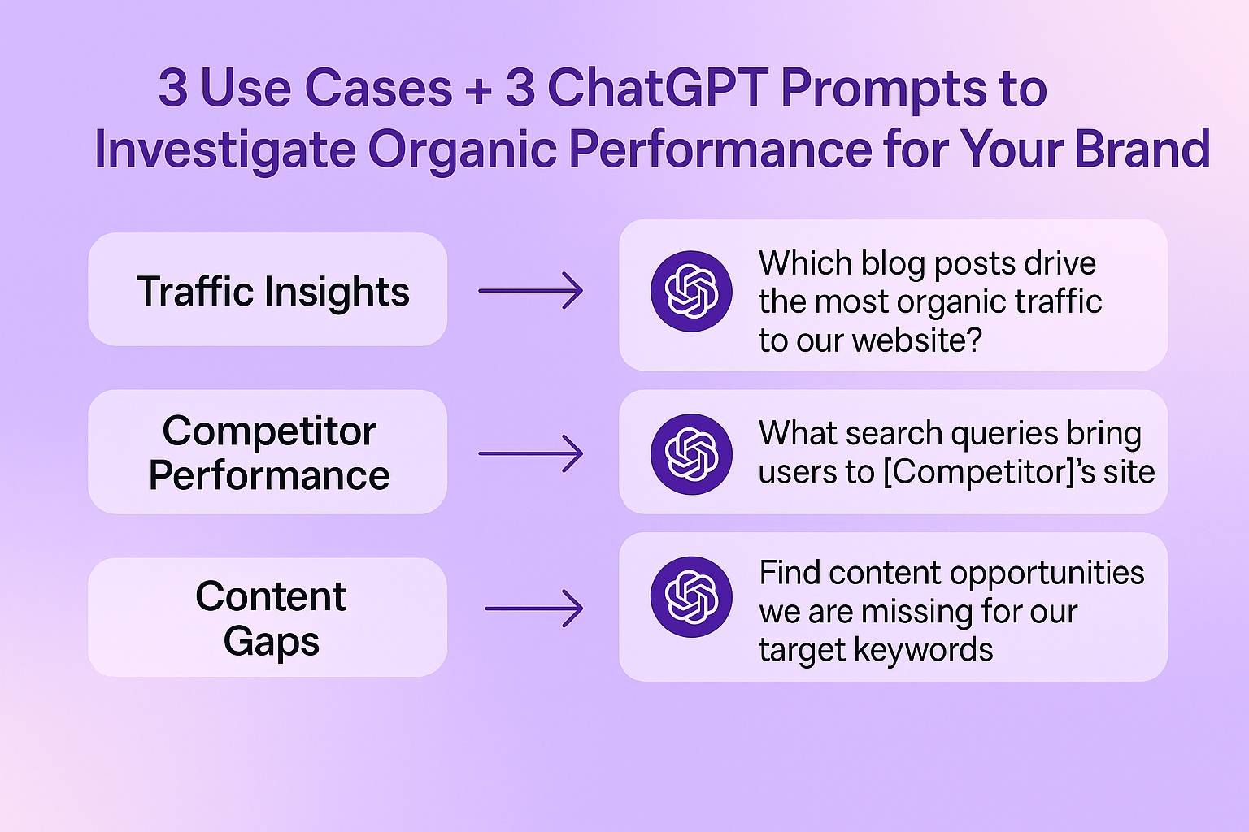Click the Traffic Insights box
click(268, 289)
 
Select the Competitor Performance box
click(268, 452)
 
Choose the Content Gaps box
click(268, 617)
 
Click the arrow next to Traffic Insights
click(531, 290)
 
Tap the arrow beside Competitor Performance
click(531, 453)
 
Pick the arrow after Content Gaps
click(534, 609)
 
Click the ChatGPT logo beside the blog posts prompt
click(691, 291)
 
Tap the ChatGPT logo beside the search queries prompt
click(691, 454)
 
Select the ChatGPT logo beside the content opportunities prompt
click(691, 597)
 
